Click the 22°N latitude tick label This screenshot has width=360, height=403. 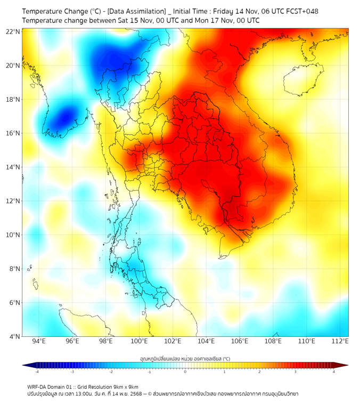(x=13, y=31)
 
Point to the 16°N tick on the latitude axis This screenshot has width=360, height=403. (x=13, y=133)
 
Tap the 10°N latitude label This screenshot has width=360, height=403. (x=13, y=235)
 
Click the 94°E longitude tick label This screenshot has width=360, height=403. (x=39, y=341)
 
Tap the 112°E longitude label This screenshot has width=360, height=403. (x=340, y=341)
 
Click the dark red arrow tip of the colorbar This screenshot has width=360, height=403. (x=345, y=365)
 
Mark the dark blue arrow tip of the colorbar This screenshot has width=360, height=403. (x=26, y=365)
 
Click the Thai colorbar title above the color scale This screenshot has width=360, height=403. (x=185, y=359)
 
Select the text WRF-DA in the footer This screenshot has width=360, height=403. (x=38, y=387)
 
